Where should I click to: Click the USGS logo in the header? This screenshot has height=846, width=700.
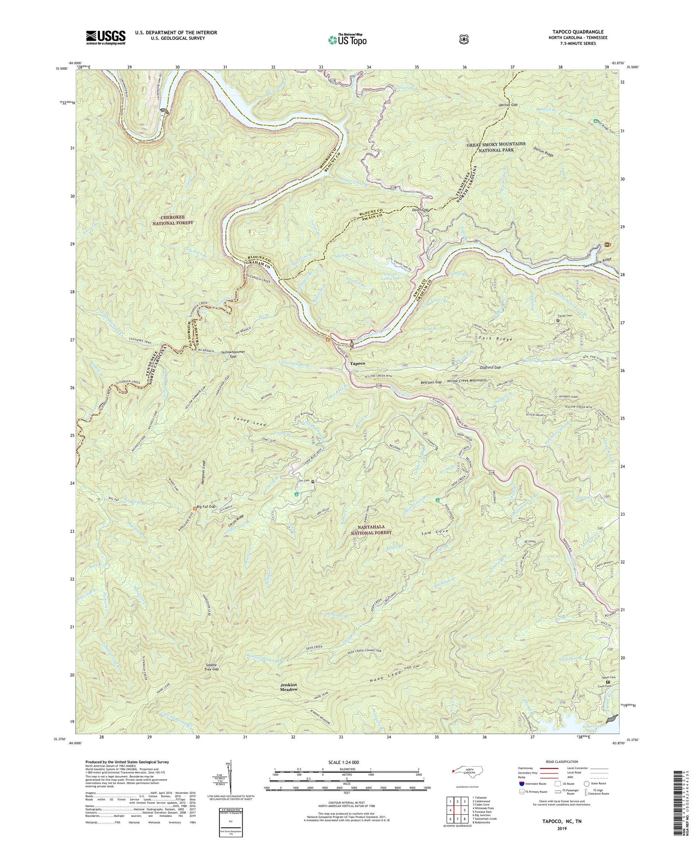point(105,37)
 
